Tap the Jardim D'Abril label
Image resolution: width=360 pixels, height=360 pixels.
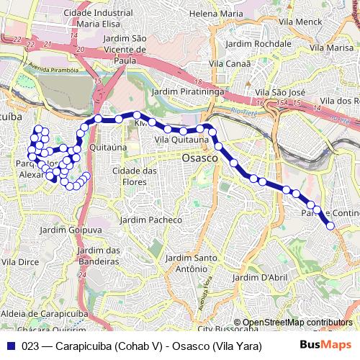261,276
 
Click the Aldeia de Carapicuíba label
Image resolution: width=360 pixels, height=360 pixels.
40,314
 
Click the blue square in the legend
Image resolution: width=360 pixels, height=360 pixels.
10,346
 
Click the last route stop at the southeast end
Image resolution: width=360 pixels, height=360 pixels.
331,226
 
